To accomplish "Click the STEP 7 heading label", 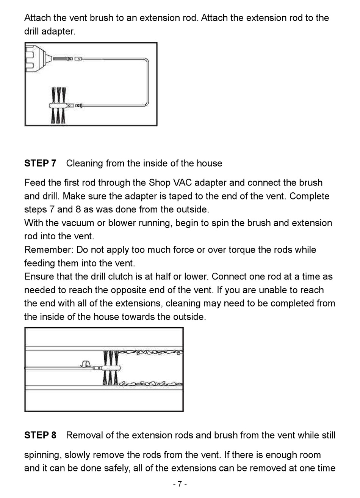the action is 40,163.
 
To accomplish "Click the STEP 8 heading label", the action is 40,435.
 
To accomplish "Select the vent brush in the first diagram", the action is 59,105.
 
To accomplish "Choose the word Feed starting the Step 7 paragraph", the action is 34,182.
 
